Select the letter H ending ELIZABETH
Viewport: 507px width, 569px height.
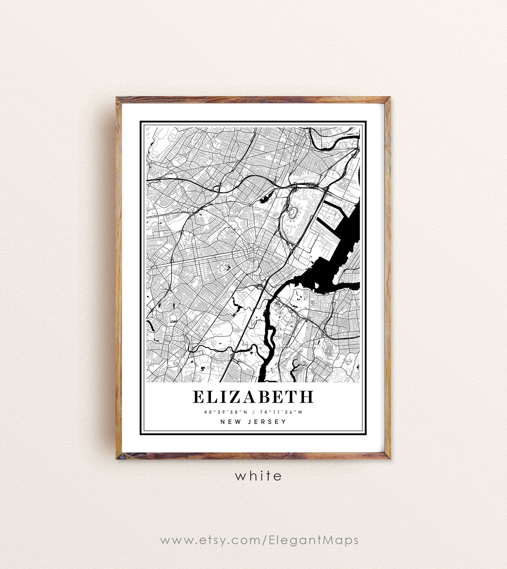pos(306,397)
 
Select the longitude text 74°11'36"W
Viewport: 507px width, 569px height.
pos(281,412)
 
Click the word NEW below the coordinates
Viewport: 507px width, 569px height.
pos(231,422)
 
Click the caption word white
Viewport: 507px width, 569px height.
pos(259,476)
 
